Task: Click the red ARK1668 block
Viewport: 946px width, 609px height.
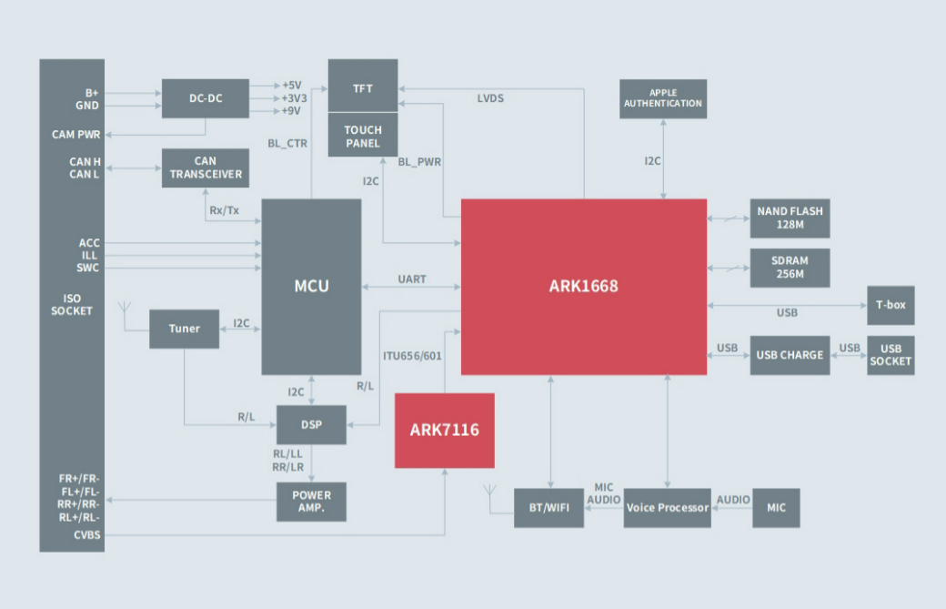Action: pyautogui.click(x=583, y=286)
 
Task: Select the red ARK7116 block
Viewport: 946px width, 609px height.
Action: pyautogui.click(x=444, y=431)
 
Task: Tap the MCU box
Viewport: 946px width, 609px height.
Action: pyautogui.click(x=311, y=286)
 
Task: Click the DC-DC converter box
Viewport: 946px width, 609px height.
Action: pyautogui.click(x=206, y=98)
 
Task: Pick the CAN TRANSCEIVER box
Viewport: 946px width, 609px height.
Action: pyautogui.click(x=206, y=167)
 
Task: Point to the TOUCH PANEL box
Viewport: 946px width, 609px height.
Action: pyautogui.click(x=363, y=137)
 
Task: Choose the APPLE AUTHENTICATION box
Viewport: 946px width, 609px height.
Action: pyautogui.click(x=663, y=98)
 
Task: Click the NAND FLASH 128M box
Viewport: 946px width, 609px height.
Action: pyautogui.click(x=790, y=218)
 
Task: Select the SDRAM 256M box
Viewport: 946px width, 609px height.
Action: pyautogui.click(x=790, y=268)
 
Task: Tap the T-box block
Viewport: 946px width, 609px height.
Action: pyautogui.click(x=891, y=305)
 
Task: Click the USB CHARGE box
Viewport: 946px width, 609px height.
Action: pyautogui.click(x=790, y=355)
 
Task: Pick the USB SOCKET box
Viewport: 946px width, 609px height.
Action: pyautogui.click(x=891, y=355)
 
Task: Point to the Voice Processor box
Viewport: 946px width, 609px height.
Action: pyautogui.click(x=668, y=508)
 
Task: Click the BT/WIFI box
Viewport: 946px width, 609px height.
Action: pyautogui.click(x=548, y=508)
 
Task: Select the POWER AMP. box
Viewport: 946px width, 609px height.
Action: pyautogui.click(x=312, y=502)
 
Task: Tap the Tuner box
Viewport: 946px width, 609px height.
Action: pyautogui.click(x=185, y=328)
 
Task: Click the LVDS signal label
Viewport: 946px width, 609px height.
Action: pyautogui.click(x=490, y=98)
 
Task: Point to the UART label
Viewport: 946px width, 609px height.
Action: pyautogui.click(x=412, y=279)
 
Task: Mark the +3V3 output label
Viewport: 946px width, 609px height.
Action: pyautogui.click(x=293, y=98)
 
